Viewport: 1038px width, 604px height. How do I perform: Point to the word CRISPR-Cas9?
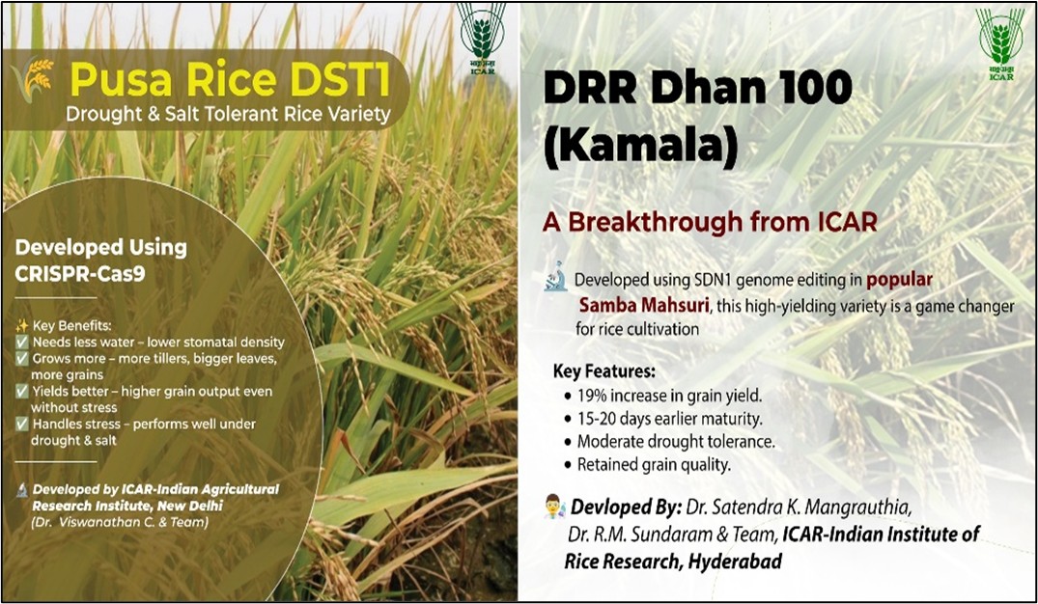tap(80, 274)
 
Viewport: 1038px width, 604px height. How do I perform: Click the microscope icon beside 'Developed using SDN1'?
tap(555, 276)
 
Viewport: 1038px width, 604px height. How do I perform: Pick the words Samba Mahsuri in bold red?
tap(644, 306)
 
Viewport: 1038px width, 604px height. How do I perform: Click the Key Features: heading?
tap(604, 371)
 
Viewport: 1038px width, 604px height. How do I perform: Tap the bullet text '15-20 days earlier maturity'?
tap(669, 419)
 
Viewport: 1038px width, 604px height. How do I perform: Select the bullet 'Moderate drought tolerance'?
tap(676, 441)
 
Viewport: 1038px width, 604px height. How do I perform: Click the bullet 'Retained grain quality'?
tap(654, 464)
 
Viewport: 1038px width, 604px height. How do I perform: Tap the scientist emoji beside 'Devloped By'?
tap(555, 507)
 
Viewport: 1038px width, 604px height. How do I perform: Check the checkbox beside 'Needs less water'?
tap(22, 342)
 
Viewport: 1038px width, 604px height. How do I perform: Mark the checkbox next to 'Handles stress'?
tap(22, 425)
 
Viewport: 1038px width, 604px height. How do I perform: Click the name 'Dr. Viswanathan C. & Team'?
tap(120, 522)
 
